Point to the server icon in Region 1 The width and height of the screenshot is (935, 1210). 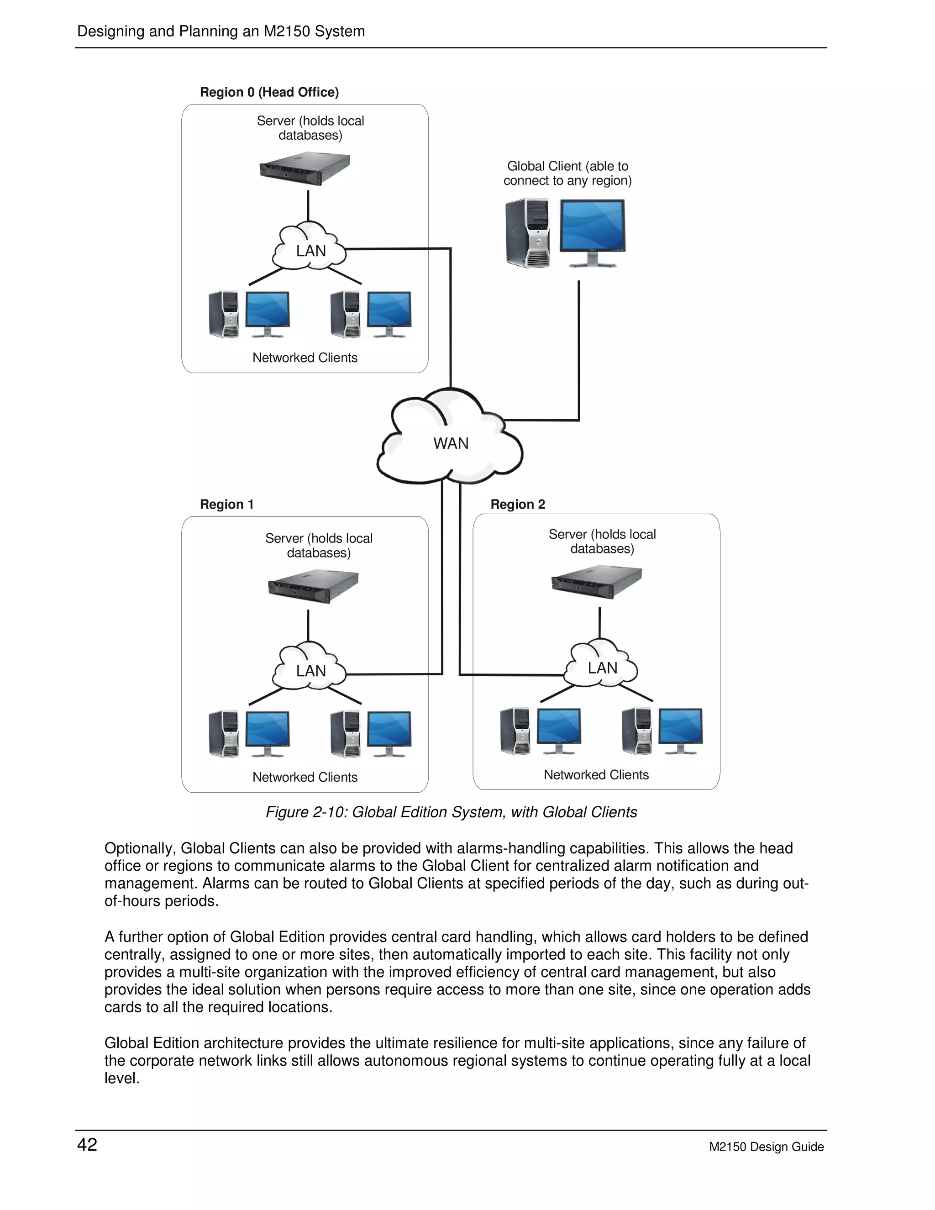pyautogui.click(x=313, y=586)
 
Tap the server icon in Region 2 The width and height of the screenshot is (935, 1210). pyautogui.click(x=597, y=582)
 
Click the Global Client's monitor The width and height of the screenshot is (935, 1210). pyautogui.click(x=592, y=231)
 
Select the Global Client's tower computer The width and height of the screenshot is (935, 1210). pyautogui.click(x=528, y=233)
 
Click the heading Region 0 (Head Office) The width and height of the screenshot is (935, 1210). pyautogui.click(x=269, y=92)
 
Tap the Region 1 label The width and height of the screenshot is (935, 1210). pyautogui.click(x=226, y=504)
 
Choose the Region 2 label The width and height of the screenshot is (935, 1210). pyautogui.click(x=517, y=504)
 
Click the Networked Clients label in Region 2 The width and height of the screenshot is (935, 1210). pyautogui.click(x=596, y=774)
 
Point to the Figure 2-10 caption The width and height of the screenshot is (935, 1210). pyautogui.click(x=451, y=812)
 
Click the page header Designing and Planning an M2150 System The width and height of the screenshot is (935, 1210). pyautogui.click(x=221, y=32)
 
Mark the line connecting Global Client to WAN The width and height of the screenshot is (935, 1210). pyautogui.click(x=579, y=355)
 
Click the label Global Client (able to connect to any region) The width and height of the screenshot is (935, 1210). pyautogui.click(x=567, y=174)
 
